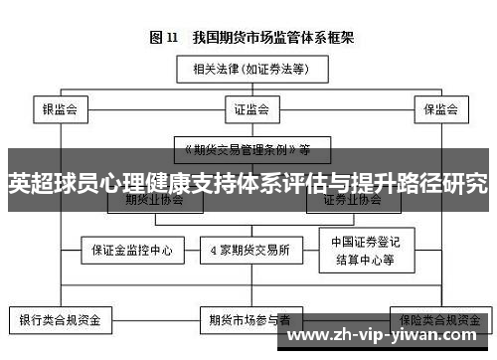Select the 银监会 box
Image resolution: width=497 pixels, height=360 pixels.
coord(60,109)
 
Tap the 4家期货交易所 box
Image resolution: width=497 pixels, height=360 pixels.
coord(248,251)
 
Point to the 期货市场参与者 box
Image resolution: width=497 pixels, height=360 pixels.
coord(249,320)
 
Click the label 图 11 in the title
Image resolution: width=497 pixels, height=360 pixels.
coord(163,38)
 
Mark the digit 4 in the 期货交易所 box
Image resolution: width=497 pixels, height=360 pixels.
coord(218,251)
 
